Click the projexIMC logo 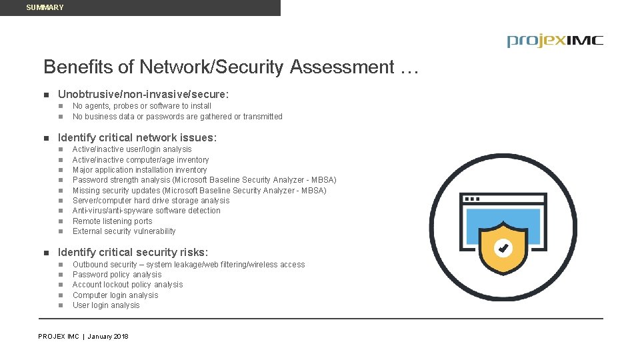(555, 41)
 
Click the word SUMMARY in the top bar (45, 7)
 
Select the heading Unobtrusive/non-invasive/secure (143, 95)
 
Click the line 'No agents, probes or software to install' (142, 106)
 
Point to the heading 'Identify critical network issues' (137, 137)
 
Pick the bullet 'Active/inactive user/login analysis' (132, 149)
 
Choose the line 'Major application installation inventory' (139, 170)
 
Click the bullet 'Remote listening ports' (112, 221)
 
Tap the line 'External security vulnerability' (124, 231)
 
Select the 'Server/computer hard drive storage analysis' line (151, 201)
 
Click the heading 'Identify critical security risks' (133, 253)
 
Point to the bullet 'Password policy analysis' (117, 275)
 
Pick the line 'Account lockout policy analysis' (127, 285)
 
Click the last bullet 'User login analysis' (106, 305)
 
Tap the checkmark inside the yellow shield (503, 249)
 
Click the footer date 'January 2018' (108, 337)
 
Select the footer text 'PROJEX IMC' (59, 337)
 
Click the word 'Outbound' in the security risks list (90, 265)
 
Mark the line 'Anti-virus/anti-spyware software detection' (146, 211)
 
